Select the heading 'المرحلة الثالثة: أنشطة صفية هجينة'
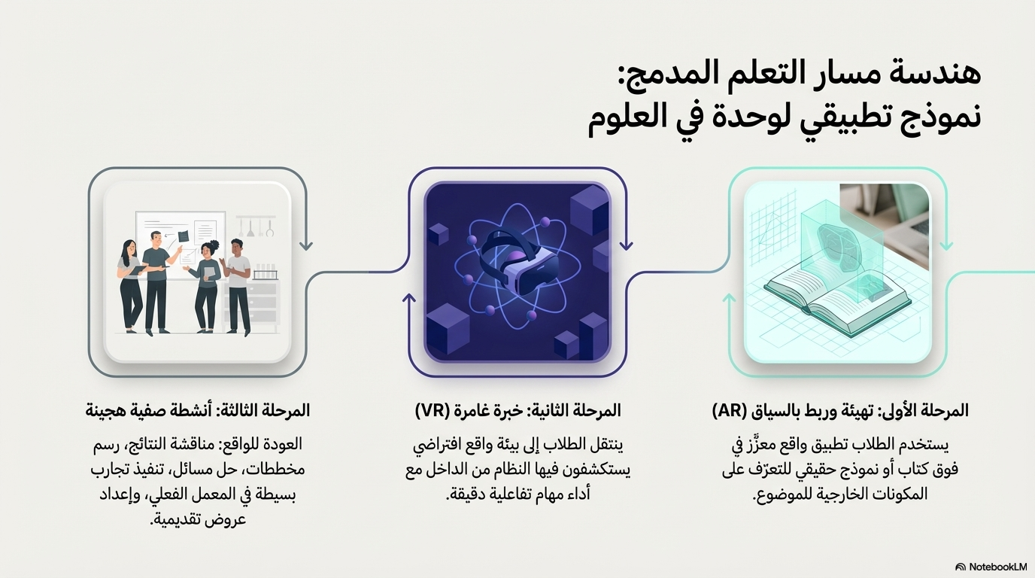[x=197, y=411]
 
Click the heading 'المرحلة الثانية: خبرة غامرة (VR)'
[x=517, y=411]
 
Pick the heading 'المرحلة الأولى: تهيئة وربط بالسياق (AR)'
[x=839, y=411]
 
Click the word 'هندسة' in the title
[x=940, y=76]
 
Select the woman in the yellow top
[x=207, y=286]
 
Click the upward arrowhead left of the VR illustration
[x=409, y=299]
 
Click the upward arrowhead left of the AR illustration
[x=729, y=299]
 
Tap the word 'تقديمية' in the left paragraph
[x=184, y=519]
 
